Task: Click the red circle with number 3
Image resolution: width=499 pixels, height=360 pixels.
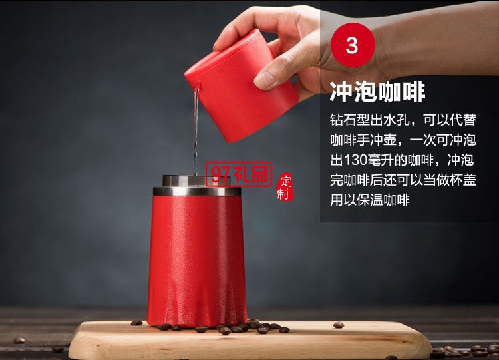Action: [x=352, y=45]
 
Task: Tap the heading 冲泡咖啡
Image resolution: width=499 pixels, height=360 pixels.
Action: [x=377, y=91]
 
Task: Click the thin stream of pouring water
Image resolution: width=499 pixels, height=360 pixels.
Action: [x=196, y=133]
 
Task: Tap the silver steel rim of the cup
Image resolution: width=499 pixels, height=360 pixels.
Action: [x=196, y=191]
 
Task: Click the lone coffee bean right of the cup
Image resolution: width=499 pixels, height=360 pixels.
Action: [x=338, y=325]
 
